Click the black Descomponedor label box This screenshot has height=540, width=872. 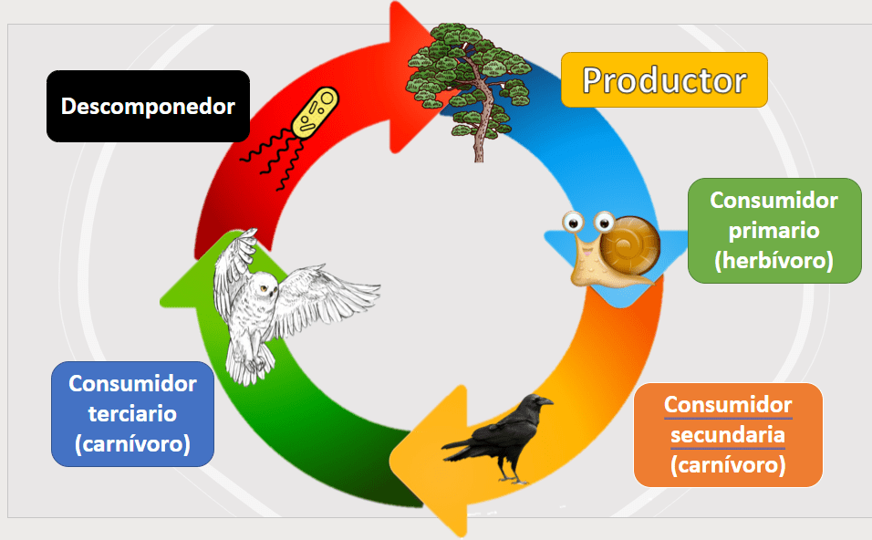point(148,106)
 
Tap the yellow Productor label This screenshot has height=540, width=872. point(664,80)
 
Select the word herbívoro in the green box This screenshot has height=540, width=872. point(774,261)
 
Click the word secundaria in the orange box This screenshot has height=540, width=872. point(727,435)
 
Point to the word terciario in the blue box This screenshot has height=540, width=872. point(132,414)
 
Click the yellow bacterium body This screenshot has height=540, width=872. point(316,112)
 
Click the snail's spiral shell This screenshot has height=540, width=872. point(630,245)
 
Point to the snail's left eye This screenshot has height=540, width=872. point(573,223)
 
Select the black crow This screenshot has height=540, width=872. point(498,438)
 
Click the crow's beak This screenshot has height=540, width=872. point(545,401)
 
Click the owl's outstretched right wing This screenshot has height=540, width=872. point(328,295)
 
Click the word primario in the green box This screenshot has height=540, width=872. point(774,230)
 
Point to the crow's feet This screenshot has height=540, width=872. point(512,477)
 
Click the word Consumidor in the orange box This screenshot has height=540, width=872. point(727,405)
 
